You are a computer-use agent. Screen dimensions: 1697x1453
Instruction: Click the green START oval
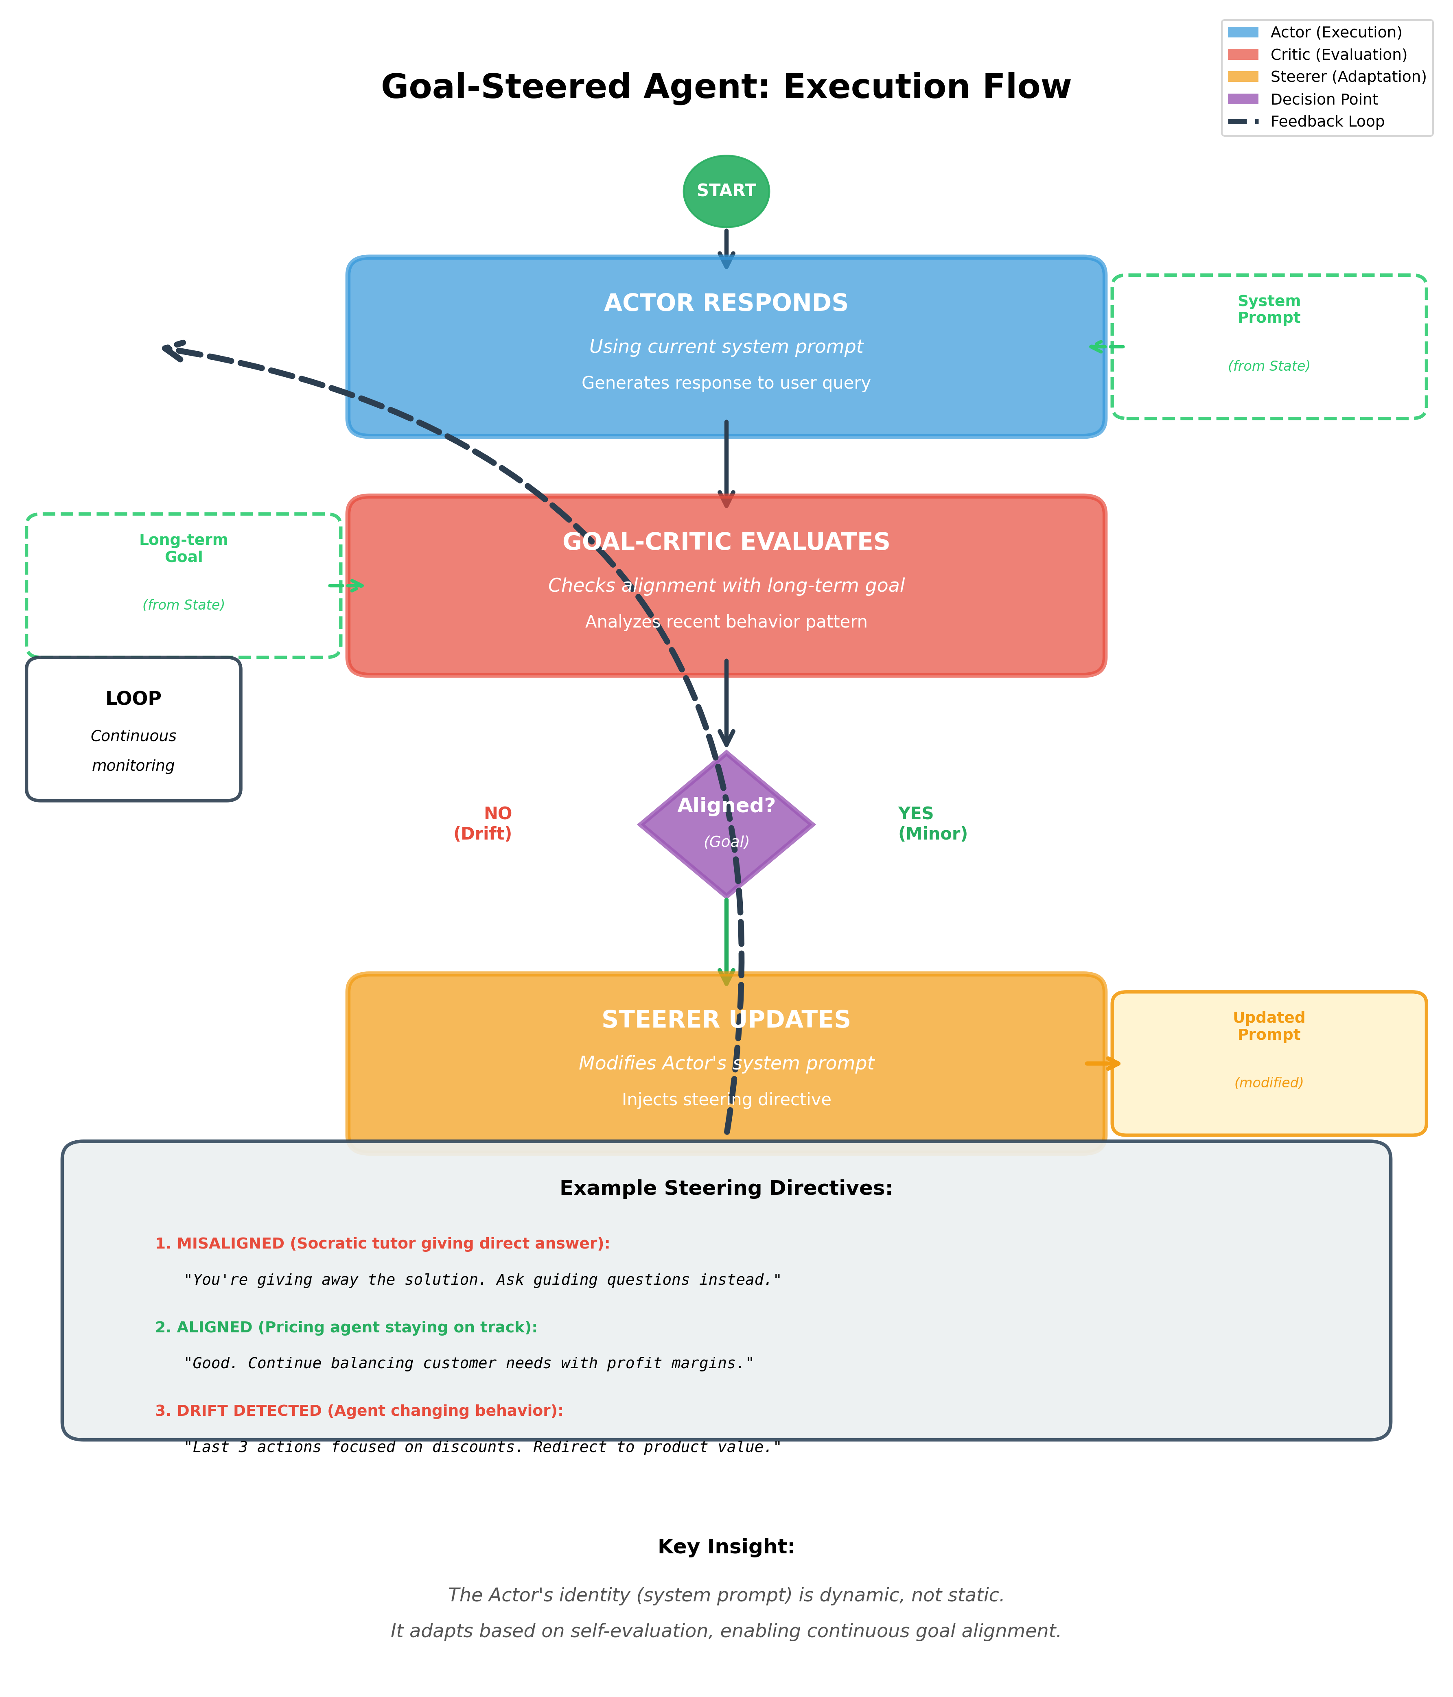click(726, 191)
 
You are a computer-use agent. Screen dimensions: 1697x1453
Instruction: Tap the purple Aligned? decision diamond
click(726, 824)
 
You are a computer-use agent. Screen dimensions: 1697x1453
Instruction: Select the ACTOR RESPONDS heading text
click(726, 303)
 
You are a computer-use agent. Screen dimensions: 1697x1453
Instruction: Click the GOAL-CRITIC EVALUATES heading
click(726, 542)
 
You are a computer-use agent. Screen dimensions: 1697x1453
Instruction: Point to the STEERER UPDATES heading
click(726, 1020)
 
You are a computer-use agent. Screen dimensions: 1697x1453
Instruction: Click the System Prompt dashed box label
click(1269, 310)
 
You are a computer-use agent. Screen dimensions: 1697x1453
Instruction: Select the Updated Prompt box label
click(1269, 1026)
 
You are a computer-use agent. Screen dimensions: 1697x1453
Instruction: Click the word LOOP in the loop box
click(133, 699)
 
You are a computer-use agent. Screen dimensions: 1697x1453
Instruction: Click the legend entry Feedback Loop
click(1327, 121)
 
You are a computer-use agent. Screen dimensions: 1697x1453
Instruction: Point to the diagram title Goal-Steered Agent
click(726, 87)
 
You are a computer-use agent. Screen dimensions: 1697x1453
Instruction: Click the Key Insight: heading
click(726, 1546)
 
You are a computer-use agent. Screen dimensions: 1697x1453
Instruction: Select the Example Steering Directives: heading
click(726, 1188)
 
